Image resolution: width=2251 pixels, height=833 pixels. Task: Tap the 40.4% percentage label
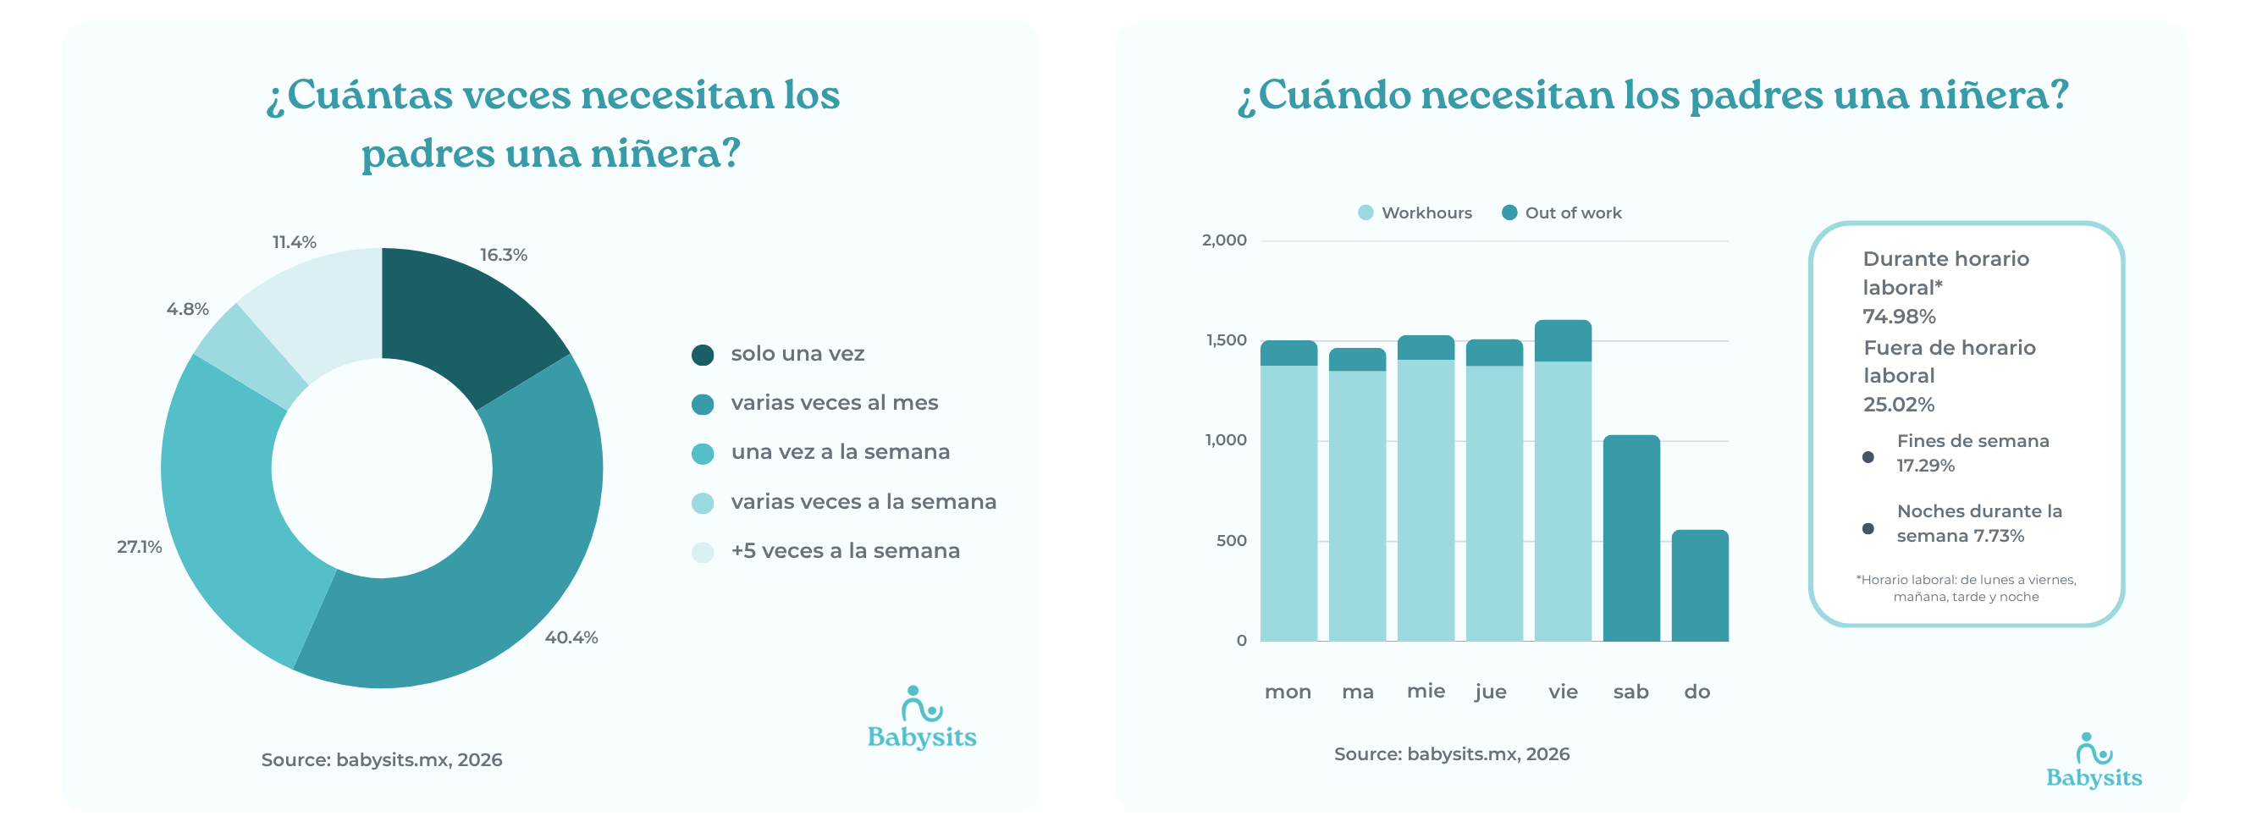pos(571,637)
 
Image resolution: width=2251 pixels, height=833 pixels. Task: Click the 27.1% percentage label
pos(140,546)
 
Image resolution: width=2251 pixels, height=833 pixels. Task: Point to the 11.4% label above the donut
pos(295,242)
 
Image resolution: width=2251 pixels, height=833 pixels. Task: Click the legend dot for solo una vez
pos(703,355)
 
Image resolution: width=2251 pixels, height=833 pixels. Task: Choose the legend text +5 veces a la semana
pos(845,550)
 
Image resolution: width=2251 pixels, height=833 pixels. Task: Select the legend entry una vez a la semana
pos(840,452)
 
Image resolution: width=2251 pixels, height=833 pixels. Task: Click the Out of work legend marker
pos(1509,212)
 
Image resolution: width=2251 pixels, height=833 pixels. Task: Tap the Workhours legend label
pos(1426,212)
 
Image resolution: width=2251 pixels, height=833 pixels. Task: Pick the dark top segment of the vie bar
pos(1563,341)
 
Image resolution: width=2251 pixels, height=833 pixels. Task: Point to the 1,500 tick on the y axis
pos(1226,340)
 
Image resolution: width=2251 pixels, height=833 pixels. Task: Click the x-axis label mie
pos(1426,691)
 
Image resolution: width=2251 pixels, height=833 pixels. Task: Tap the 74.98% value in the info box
pos(1899,317)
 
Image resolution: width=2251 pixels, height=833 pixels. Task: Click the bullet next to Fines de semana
pos(1868,457)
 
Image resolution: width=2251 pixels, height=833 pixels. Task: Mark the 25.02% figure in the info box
pos(1899,405)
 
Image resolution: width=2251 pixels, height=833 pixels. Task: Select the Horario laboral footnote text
pos(1965,588)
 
